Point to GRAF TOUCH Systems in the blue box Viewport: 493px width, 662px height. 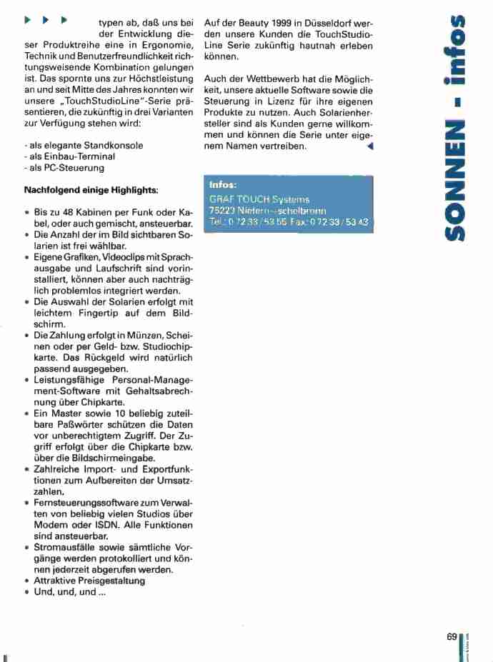pos(249,199)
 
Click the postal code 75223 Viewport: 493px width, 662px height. pos(222,211)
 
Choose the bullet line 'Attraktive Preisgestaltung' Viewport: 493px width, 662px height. pos(89,581)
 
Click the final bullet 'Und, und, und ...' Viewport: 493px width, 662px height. pos(71,592)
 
